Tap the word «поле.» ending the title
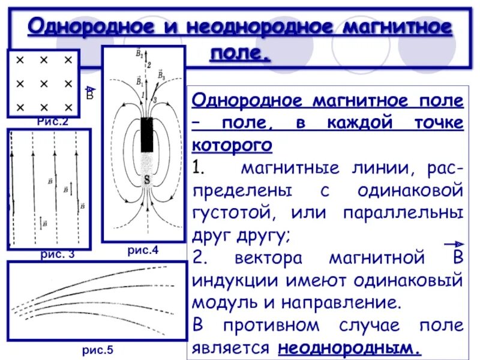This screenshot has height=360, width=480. (x=240, y=54)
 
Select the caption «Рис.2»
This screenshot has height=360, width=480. (x=53, y=122)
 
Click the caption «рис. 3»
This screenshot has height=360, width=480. (x=58, y=254)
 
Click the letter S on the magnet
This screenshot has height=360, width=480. (x=146, y=179)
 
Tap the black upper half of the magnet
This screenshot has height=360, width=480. (x=146, y=134)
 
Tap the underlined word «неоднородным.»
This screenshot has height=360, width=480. (x=348, y=348)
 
